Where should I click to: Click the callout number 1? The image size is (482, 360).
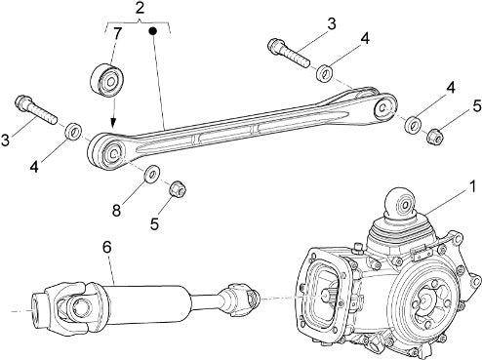point(472,186)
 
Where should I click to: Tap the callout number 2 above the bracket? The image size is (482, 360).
point(140,8)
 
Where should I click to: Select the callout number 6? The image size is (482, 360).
point(107,248)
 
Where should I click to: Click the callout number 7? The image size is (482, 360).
point(117,34)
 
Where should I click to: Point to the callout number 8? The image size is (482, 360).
point(116,210)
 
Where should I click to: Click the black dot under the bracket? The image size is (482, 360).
point(153,31)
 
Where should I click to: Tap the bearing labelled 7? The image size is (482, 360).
point(107,80)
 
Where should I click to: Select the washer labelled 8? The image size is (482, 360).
point(151,174)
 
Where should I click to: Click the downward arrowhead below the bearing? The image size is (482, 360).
point(112,124)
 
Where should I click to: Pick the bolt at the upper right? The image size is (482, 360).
point(288,53)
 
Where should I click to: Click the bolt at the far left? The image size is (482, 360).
point(36,109)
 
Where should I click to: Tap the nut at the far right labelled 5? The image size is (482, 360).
point(435,136)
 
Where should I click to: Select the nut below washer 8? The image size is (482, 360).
point(178,188)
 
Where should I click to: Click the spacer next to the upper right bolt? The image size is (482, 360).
point(325,74)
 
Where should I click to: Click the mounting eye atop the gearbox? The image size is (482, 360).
point(401,203)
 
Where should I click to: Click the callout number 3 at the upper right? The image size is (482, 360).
point(331,24)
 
